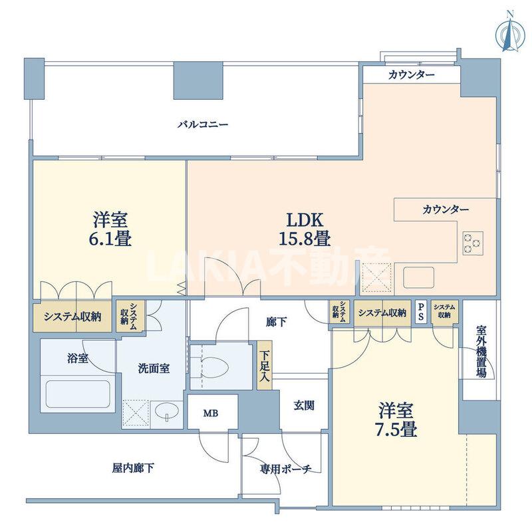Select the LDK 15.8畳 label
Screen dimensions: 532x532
300,228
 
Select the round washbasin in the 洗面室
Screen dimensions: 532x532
164,414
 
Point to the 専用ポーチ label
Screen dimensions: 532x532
285,469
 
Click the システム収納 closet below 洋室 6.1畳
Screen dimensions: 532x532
72,317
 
